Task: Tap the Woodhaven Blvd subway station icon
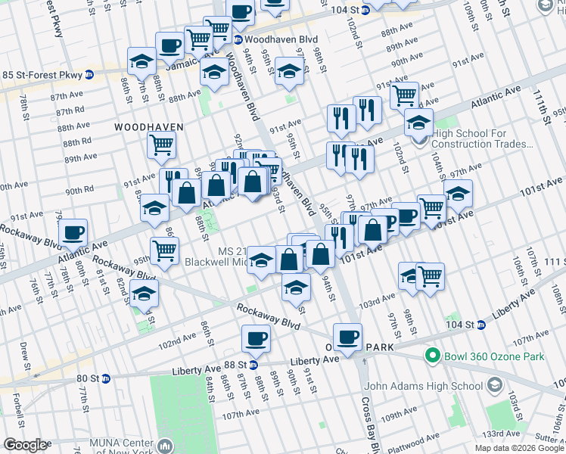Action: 238,39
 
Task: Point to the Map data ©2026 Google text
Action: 519,448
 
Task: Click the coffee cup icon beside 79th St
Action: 73,232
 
